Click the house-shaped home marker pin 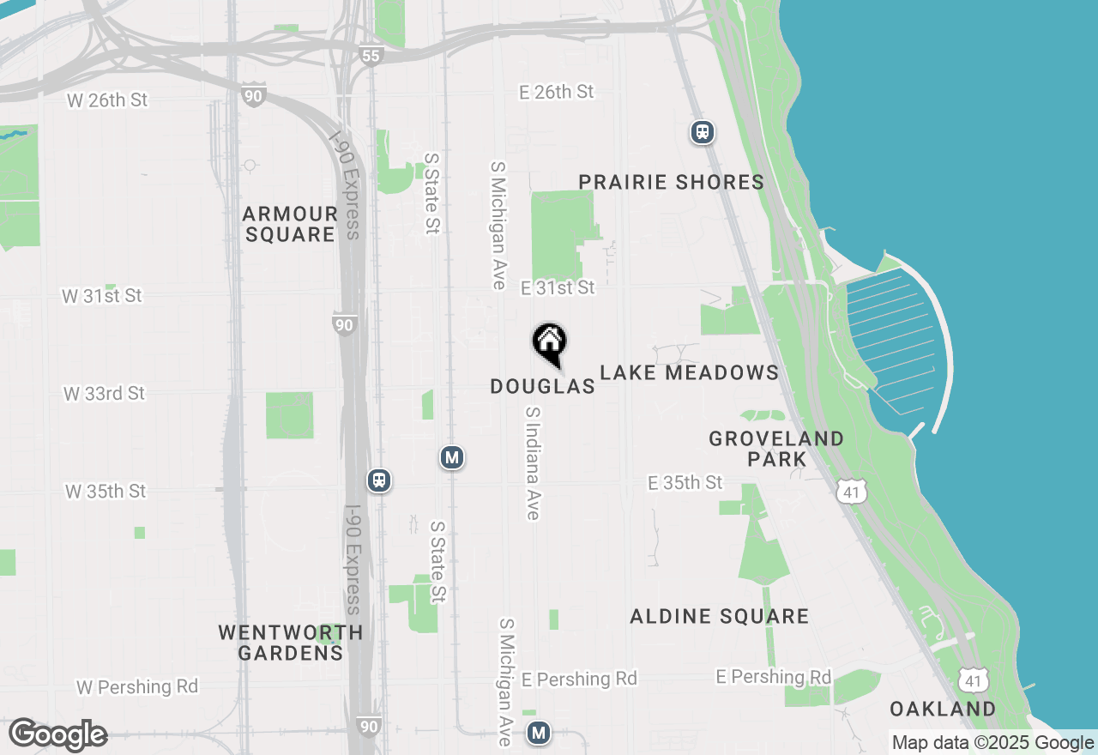(x=549, y=343)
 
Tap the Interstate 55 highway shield (x=371, y=56)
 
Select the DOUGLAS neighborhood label (x=542, y=387)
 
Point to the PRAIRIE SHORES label (x=671, y=182)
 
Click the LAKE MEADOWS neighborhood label (x=689, y=372)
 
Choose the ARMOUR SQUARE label (x=290, y=224)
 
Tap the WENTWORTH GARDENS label (x=290, y=643)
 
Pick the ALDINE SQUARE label (x=719, y=616)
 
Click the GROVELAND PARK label (x=776, y=449)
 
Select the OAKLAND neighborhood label (x=943, y=710)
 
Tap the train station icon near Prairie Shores (x=703, y=132)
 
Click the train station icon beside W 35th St (x=379, y=480)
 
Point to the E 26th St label (x=557, y=92)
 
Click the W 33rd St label (x=104, y=394)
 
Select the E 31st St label (x=558, y=287)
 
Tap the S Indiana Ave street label (x=533, y=463)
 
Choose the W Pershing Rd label (x=137, y=687)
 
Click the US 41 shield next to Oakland (x=972, y=680)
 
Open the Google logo (x=57, y=735)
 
